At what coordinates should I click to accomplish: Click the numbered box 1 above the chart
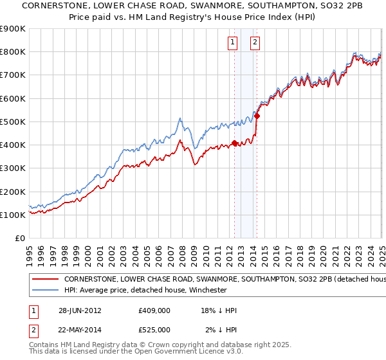tap(232, 43)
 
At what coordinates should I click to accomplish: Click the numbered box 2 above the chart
tap(255, 43)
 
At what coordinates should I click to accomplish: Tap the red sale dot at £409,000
tap(234, 143)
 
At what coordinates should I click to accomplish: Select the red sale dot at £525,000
tap(257, 116)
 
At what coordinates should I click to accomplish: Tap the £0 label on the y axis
tap(19, 238)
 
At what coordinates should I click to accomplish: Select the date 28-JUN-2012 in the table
tap(80, 310)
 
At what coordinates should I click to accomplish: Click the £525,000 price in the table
tap(154, 330)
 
